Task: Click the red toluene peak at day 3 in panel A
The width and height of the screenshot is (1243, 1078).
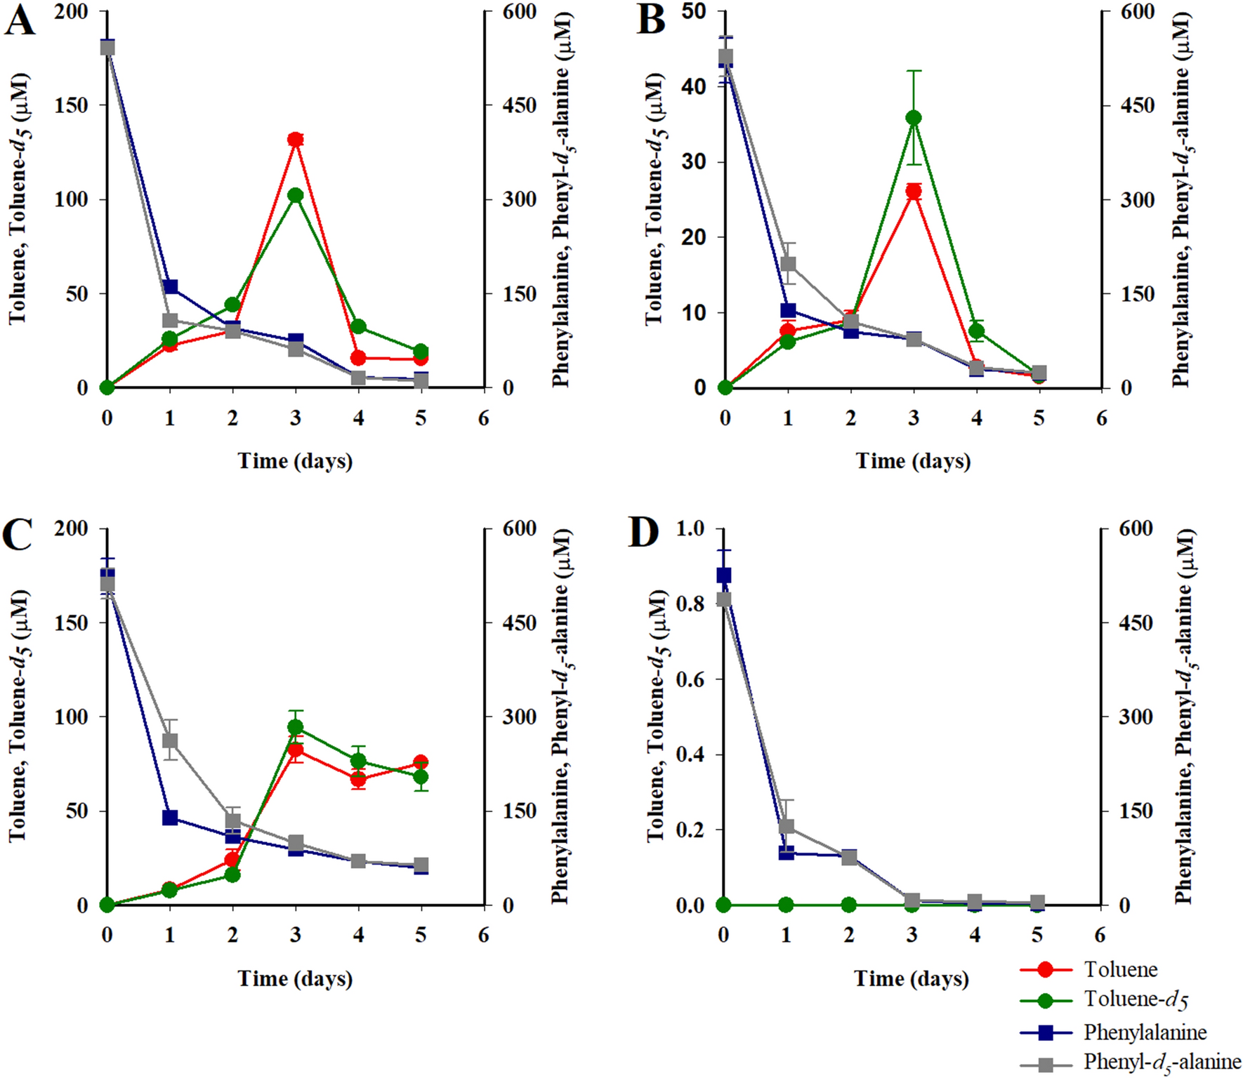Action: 296,140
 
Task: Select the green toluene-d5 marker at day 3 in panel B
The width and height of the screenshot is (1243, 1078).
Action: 914,118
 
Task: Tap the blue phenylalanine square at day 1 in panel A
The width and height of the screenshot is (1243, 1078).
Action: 170,286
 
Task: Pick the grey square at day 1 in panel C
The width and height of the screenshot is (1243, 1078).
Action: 170,741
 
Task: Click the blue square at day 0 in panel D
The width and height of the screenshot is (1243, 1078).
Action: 724,575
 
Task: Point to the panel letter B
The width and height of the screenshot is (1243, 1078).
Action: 650,21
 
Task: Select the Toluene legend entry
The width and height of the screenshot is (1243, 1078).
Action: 1120,969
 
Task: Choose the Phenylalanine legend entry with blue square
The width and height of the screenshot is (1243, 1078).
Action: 1145,1032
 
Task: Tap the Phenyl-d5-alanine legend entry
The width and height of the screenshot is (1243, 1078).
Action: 1162,1062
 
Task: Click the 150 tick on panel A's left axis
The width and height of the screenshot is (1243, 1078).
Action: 71,105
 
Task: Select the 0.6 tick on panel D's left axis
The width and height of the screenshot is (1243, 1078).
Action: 690,679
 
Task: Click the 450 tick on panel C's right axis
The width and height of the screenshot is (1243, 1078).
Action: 519,623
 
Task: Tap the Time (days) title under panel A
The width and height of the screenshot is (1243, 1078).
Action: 295,461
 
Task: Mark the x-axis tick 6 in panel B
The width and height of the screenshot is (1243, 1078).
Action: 1101,419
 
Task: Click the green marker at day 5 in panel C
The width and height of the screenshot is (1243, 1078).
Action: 421,777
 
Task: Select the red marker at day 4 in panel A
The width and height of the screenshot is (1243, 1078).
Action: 359,358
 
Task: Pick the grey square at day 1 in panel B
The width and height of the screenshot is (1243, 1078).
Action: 789,264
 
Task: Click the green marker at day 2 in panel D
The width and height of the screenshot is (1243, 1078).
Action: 849,905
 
